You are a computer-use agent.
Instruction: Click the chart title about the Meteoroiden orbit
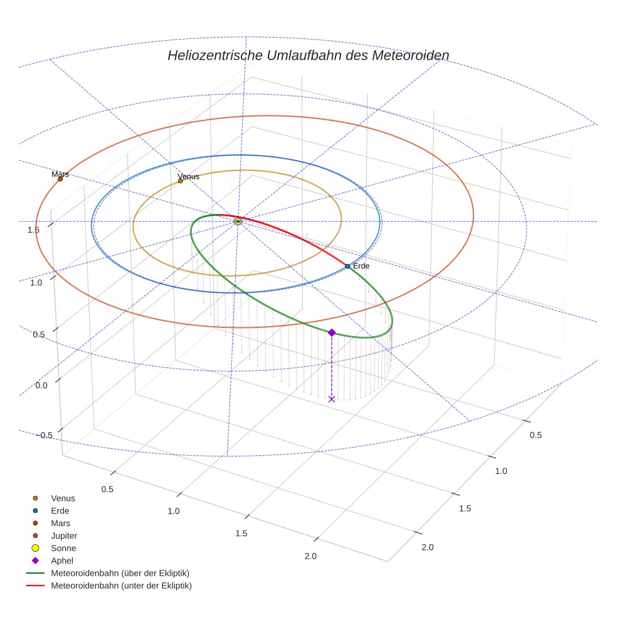[x=308, y=55]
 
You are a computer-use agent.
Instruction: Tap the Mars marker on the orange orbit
[x=60, y=179]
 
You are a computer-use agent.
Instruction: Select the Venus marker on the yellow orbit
[x=181, y=181]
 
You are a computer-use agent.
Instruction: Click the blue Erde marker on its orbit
[x=347, y=266]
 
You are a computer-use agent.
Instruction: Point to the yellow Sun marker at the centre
[x=238, y=221]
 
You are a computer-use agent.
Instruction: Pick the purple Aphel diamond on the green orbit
[x=332, y=332]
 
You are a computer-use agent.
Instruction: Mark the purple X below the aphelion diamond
[x=332, y=399]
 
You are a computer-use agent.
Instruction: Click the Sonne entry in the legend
[x=63, y=548]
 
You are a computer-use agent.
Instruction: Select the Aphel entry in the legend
[x=62, y=561]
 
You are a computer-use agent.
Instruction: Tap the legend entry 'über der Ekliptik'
[x=120, y=573]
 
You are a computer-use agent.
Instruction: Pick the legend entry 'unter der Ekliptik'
[x=121, y=586]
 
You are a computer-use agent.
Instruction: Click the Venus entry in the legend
[x=63, y=498]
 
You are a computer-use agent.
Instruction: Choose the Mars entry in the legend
[x=60, y=523]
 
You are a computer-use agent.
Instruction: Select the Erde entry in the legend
[x=60, y=510]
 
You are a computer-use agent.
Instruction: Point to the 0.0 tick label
[x=42, y=385]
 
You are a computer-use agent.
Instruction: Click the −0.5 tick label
[x=43, y=435]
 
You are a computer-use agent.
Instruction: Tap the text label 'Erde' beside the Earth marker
[x=361, y=266]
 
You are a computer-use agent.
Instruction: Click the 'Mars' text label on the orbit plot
[x=60, y=174]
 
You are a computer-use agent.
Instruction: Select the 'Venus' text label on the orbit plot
[x=189, y=176]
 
